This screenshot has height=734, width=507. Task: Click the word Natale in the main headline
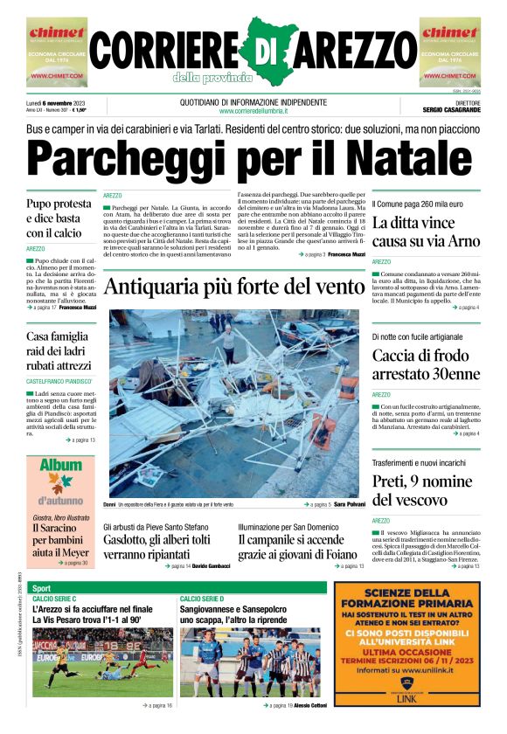(408, 159)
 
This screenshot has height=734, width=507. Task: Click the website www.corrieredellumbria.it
(253, 112)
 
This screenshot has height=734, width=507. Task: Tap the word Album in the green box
(60, 466)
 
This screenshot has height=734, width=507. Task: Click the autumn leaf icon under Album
(60, 484)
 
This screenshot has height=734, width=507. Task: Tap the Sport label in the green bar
(43, 587)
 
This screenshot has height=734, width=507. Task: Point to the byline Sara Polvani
(348, 505)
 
